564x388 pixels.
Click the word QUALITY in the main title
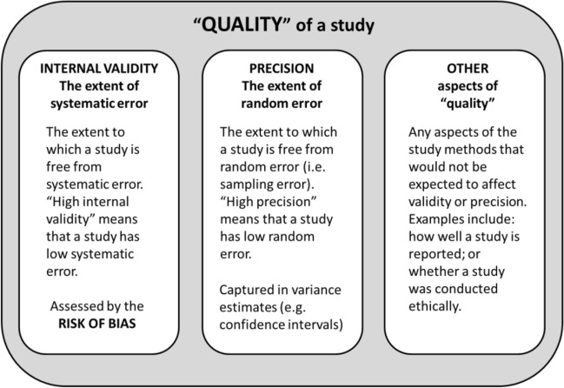239,26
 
